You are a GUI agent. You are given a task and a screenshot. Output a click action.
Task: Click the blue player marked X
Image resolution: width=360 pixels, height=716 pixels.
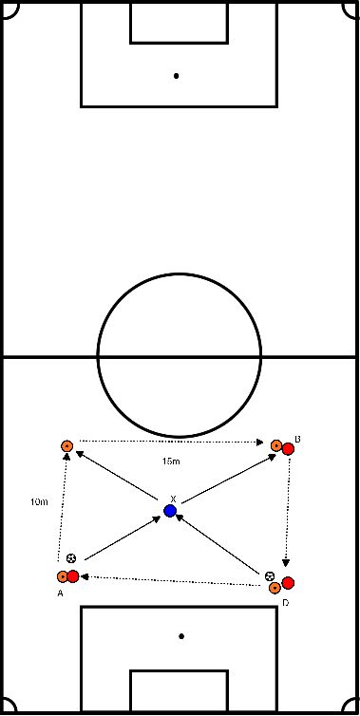pos(170,511)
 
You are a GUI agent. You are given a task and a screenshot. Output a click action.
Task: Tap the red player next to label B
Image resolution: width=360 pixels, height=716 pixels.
pos(287,448)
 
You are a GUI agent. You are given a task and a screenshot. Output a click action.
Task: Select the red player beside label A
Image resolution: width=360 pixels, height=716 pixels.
pos(73,575)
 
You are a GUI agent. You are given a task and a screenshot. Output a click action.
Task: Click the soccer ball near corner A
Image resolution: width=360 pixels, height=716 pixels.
pos(72,558)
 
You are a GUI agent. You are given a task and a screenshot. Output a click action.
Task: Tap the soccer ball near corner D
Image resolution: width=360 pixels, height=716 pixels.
pos(271,576)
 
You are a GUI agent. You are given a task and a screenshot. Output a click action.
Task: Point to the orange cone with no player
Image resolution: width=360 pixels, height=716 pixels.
pos(66,445)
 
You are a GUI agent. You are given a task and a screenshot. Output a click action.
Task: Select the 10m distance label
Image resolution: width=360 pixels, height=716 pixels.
pos(39,500)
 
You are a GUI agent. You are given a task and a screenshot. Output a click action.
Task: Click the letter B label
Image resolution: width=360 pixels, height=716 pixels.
pos(296,439)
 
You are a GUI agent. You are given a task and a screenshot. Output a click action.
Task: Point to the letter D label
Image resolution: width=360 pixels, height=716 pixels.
pos(286,602)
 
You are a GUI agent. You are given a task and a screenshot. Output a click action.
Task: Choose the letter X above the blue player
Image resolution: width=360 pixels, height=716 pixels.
pos(172,499)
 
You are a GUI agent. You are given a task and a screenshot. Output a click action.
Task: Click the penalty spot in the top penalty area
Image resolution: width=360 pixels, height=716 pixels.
pos(177,75)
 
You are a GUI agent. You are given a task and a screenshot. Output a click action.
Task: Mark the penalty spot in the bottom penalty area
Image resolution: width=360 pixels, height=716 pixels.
pos(181,635)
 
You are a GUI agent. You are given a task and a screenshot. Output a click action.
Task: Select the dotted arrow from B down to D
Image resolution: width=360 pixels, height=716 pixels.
pos(287,513)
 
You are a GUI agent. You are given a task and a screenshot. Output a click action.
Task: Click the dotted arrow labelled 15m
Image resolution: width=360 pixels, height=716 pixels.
pos(171,442)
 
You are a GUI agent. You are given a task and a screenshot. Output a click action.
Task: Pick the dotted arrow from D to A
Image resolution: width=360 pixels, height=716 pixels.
pos(171,580)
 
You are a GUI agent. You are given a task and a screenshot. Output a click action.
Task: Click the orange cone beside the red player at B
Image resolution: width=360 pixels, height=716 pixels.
pos(275,444)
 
